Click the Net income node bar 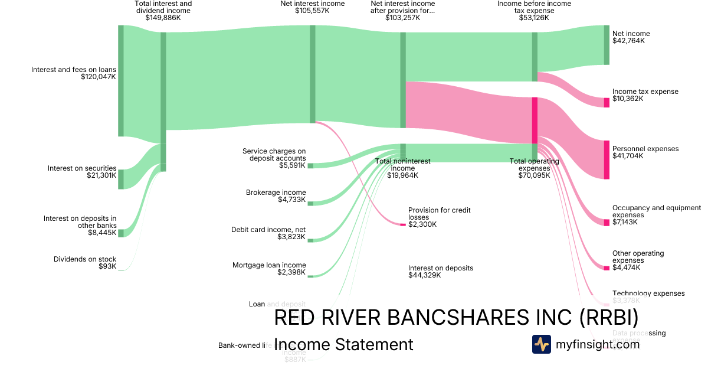[x=606, y=45]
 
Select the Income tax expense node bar [x=606, y=102]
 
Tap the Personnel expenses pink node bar [x=606, y=159]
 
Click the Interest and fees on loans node [x=121, y=81]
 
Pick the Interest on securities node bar [x=121, y=179]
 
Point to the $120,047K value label [x=99, y=77]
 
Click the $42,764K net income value [x=628, y=41]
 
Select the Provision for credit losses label [x=439, y=213]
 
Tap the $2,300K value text [x=422, y=224]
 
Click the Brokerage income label [x=276, y=192]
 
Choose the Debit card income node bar [x=310, y=240]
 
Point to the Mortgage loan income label [x=269, y=265]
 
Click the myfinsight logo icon [x=541, y=344]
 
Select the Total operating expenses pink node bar [x=535, y=120]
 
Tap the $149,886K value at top [x=163, y=18]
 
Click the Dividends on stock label [x=85, y=259]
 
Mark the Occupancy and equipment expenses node [x=606, y=222]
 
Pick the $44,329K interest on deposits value [x=424, y=275]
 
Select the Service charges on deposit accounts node [x=310, y=166]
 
